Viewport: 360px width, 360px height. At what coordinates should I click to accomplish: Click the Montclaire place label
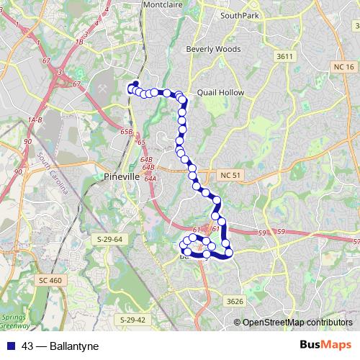(163, 4)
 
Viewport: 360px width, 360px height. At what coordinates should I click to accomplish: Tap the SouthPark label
(240, 14)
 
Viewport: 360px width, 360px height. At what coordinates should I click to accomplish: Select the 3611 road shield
(284, 55)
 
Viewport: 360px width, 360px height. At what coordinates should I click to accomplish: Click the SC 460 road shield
(51, 279)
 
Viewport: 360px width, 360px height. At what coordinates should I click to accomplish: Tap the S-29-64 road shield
(111, 238)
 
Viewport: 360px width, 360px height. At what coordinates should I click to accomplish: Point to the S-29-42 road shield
(132, 319)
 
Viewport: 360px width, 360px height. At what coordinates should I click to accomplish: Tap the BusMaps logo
(325, 346)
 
